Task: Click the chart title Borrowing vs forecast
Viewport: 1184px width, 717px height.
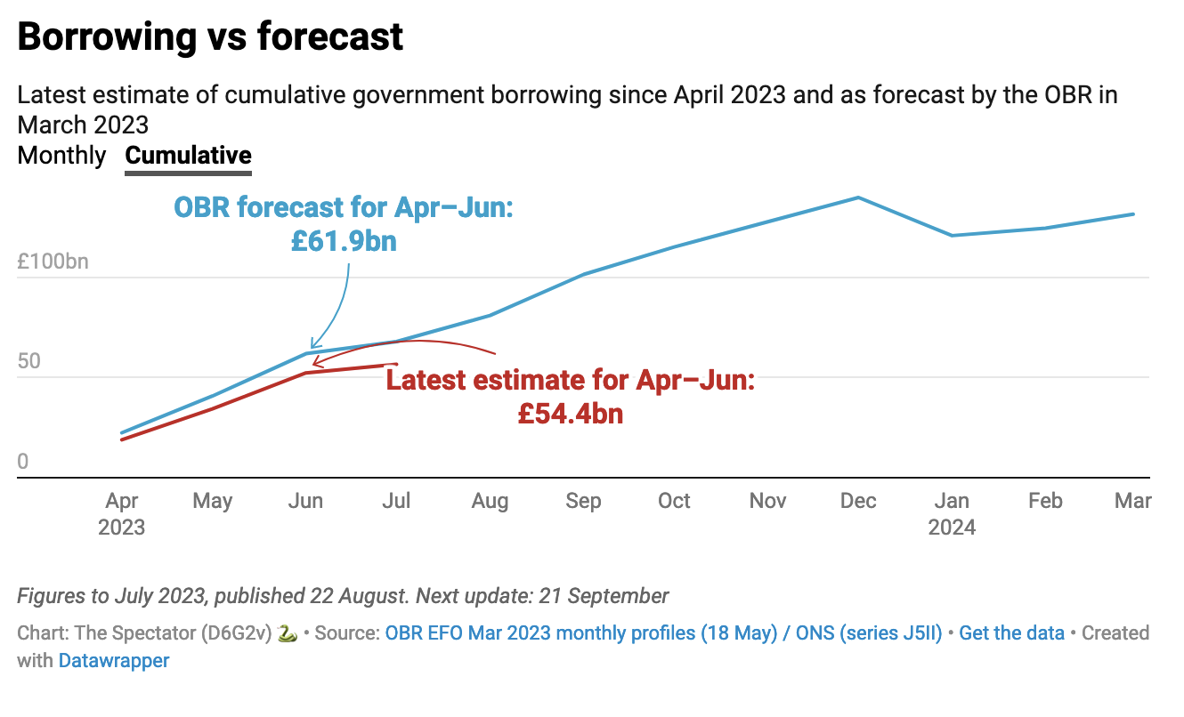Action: (210, 36)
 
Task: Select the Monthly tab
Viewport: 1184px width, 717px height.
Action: (61, 156)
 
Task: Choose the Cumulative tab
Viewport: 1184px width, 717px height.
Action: (188, 156)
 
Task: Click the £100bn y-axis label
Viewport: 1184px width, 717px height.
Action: (53, 263)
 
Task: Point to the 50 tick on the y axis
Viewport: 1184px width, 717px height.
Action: (30, 362)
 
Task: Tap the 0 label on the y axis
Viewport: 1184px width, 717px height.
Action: (23, 462)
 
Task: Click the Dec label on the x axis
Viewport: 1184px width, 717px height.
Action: (858, 502)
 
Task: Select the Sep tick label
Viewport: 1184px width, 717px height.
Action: (583, 502)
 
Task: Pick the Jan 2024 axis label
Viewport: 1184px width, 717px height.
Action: (952, 514)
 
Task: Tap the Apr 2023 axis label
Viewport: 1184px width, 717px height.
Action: (121, 514)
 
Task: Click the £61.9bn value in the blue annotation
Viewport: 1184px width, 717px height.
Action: (344, 241)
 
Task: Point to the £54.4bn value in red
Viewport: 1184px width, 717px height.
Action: (571, 414)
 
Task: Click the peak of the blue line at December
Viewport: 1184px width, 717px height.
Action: (858, 197)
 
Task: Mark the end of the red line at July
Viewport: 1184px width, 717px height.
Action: (396, 365)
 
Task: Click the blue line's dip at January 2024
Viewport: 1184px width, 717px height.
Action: (952, 236)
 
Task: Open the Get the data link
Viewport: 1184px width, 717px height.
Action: (1011, 633)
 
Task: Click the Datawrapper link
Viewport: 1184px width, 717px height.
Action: (114, 661)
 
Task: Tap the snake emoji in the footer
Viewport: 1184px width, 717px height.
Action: (287, 633)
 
